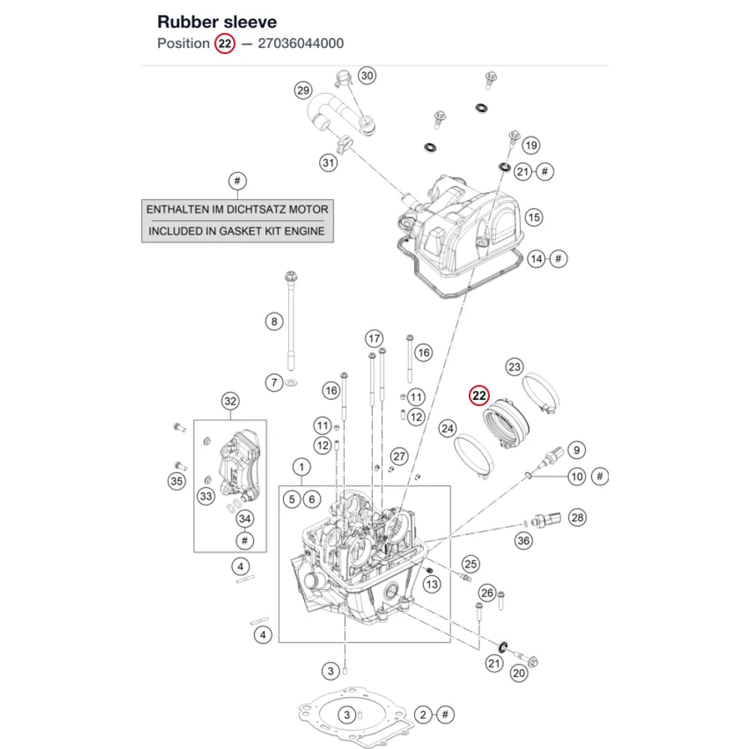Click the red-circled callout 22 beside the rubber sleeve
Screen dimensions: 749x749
pos(479,395)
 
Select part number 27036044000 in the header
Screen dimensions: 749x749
pos(300,43)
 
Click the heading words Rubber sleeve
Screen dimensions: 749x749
pos(217,22)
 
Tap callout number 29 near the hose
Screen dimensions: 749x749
pos(303,91)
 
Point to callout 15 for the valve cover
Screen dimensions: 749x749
pos(533,218)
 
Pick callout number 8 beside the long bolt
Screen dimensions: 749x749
pos(274,321)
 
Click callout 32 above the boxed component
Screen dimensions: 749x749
pos(230,401)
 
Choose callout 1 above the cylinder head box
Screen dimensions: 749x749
pos(301,467)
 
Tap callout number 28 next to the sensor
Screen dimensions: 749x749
pos(577,518)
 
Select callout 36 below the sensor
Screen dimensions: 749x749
pos(524,541)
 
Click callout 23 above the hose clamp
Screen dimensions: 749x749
pos(515,367)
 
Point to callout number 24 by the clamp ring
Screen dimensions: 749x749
pos(448,428)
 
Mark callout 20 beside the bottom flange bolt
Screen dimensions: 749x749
pos(519,673)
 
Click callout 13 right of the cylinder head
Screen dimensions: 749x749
pos(432,584)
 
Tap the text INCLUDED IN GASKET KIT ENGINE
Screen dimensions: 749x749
pos(237,231)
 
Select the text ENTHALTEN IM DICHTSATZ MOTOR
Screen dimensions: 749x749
pos(237,210)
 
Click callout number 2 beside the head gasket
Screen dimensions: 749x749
pos(422,715)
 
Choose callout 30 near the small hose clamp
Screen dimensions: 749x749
pos(367,76)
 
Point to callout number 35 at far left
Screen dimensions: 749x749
pos(177,481)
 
